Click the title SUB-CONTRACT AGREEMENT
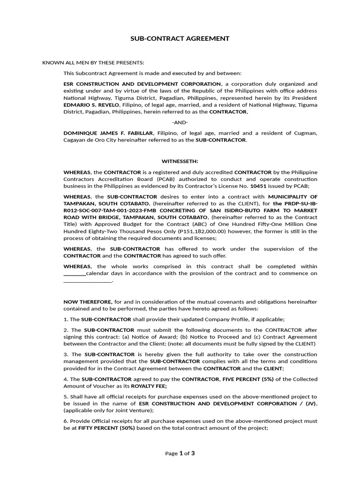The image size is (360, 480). [x=180, y=38]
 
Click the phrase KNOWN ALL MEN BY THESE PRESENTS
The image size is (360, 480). [x=93, y=63]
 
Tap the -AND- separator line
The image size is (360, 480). [x=180, y=122]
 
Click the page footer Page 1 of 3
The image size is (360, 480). [x=180, y=453]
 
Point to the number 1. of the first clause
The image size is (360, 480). [x=66, y=319]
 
